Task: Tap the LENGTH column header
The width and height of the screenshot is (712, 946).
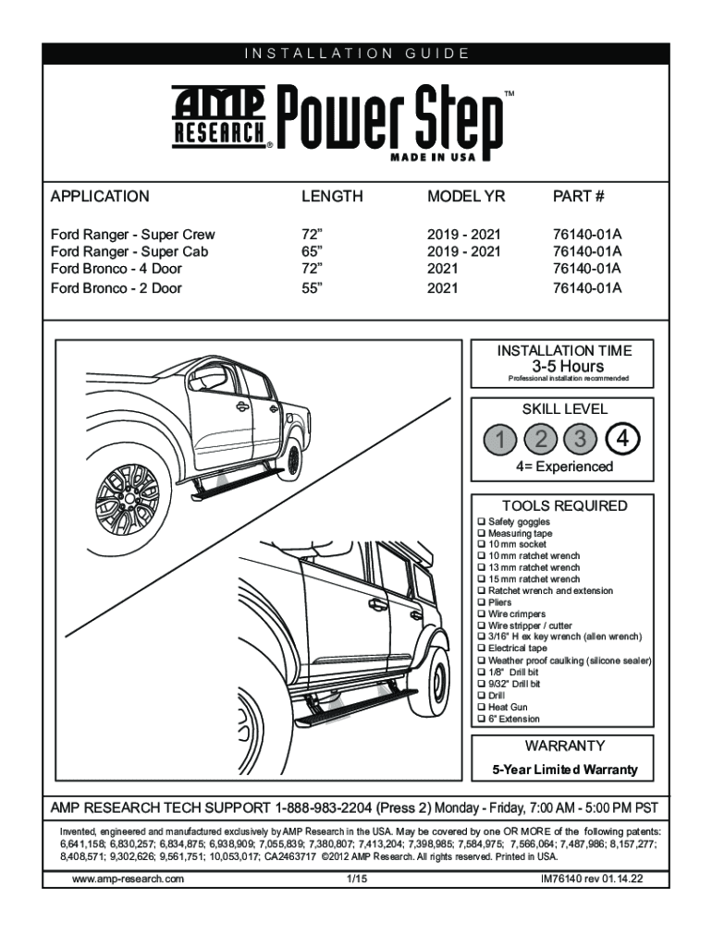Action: [332, 197]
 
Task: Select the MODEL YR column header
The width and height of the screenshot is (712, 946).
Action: [466, 197]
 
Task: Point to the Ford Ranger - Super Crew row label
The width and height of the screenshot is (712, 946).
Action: [132, 235]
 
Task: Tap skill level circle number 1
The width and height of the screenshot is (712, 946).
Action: [499, 439]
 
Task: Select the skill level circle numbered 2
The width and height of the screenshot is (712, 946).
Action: [540, 439]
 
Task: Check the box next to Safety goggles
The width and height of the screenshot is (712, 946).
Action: [481, 523]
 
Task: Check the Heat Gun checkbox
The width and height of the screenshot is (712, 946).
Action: [481, 707]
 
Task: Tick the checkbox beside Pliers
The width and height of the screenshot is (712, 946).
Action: [481, 603]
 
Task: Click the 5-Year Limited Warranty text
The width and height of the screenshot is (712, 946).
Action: [564, 770]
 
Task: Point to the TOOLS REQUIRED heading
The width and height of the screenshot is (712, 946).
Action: [564, 506]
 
